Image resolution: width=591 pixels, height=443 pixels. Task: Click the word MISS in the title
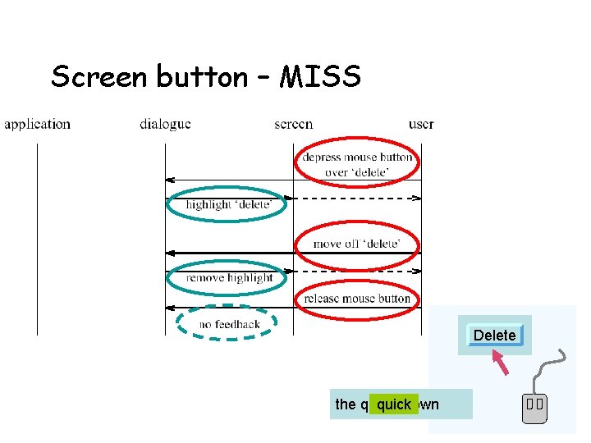(320, 77)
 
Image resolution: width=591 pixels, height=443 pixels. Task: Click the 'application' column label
(37, 125)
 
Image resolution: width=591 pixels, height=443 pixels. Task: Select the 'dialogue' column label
(165, 125)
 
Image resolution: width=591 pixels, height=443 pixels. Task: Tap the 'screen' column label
(293, 125)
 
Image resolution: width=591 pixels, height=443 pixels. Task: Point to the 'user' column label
(421, 125)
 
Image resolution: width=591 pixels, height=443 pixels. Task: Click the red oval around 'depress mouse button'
(357, 164)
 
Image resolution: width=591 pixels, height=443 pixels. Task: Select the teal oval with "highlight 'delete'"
(227, 204)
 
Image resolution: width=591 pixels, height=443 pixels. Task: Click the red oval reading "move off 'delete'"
(357, 244)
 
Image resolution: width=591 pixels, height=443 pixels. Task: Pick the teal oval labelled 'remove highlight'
(227, 278)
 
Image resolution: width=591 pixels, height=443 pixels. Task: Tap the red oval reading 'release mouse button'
(357, 299)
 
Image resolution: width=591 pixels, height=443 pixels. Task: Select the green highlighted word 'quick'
(394, 404)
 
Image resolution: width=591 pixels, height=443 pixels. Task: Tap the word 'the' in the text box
(346, 404)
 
